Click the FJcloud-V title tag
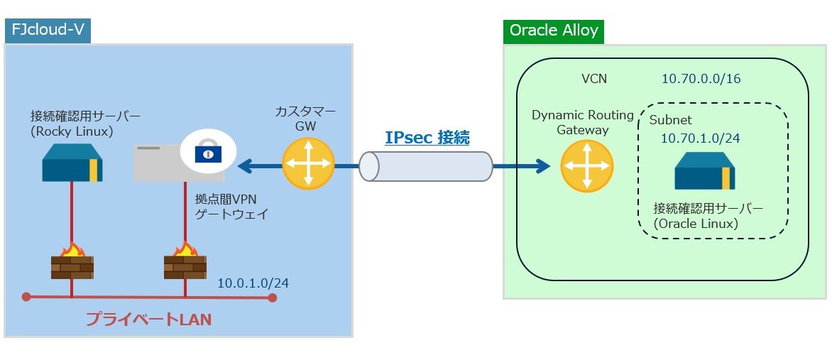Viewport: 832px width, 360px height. click(x=48, y=31)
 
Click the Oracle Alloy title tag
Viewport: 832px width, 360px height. click(x=554, y=31)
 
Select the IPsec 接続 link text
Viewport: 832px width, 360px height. click(x=427, y=138)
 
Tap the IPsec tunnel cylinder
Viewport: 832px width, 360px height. click(x=426, y=166)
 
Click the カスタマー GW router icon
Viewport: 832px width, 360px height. click(x=308, y=164)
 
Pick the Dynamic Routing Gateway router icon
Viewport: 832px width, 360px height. click(x=587, y=165)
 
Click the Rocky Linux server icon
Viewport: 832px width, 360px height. click(x=72, y=163)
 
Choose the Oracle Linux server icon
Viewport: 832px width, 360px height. click(x=705, y=170)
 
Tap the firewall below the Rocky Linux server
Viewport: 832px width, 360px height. click(x=72, y=262)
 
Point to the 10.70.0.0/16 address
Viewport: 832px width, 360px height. click(x=701, y=80)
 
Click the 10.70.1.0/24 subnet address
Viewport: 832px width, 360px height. click(x=701, y=138)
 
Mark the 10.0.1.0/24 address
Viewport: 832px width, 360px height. click(x=253, y=283)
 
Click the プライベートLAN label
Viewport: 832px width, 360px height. click(x=148, y=320)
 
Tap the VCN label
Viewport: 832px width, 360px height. click(x=594, y=80)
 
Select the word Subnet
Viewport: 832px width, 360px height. click(x=671, y=120)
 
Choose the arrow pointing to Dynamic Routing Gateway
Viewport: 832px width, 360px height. click(x=522, y=166)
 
